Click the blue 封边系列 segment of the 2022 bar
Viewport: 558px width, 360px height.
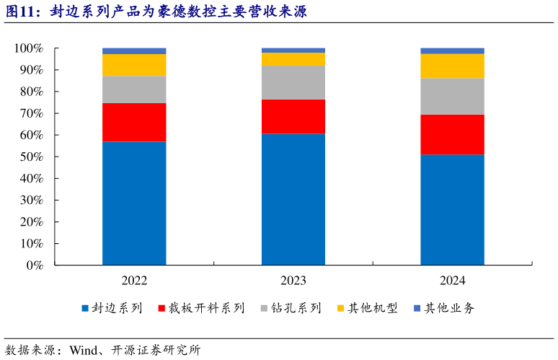pos(134,203)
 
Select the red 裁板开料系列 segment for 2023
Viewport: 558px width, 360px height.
pos(293,116)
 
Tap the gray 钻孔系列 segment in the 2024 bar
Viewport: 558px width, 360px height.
pos(452,96)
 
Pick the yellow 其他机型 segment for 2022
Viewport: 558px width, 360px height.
pos(134,65)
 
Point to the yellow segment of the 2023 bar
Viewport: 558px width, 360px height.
pos(293,59)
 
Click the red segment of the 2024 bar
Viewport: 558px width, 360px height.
pos(452,134)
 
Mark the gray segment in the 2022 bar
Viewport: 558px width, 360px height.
pos(134,89)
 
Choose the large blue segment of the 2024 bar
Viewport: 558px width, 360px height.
pos(452,209)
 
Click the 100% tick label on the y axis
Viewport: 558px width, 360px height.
pos(30,48)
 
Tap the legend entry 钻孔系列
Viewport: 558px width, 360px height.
pos(296,308)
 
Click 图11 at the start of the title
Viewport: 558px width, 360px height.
pos(20,12)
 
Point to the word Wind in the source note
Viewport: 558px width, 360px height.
pos(82,351)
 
